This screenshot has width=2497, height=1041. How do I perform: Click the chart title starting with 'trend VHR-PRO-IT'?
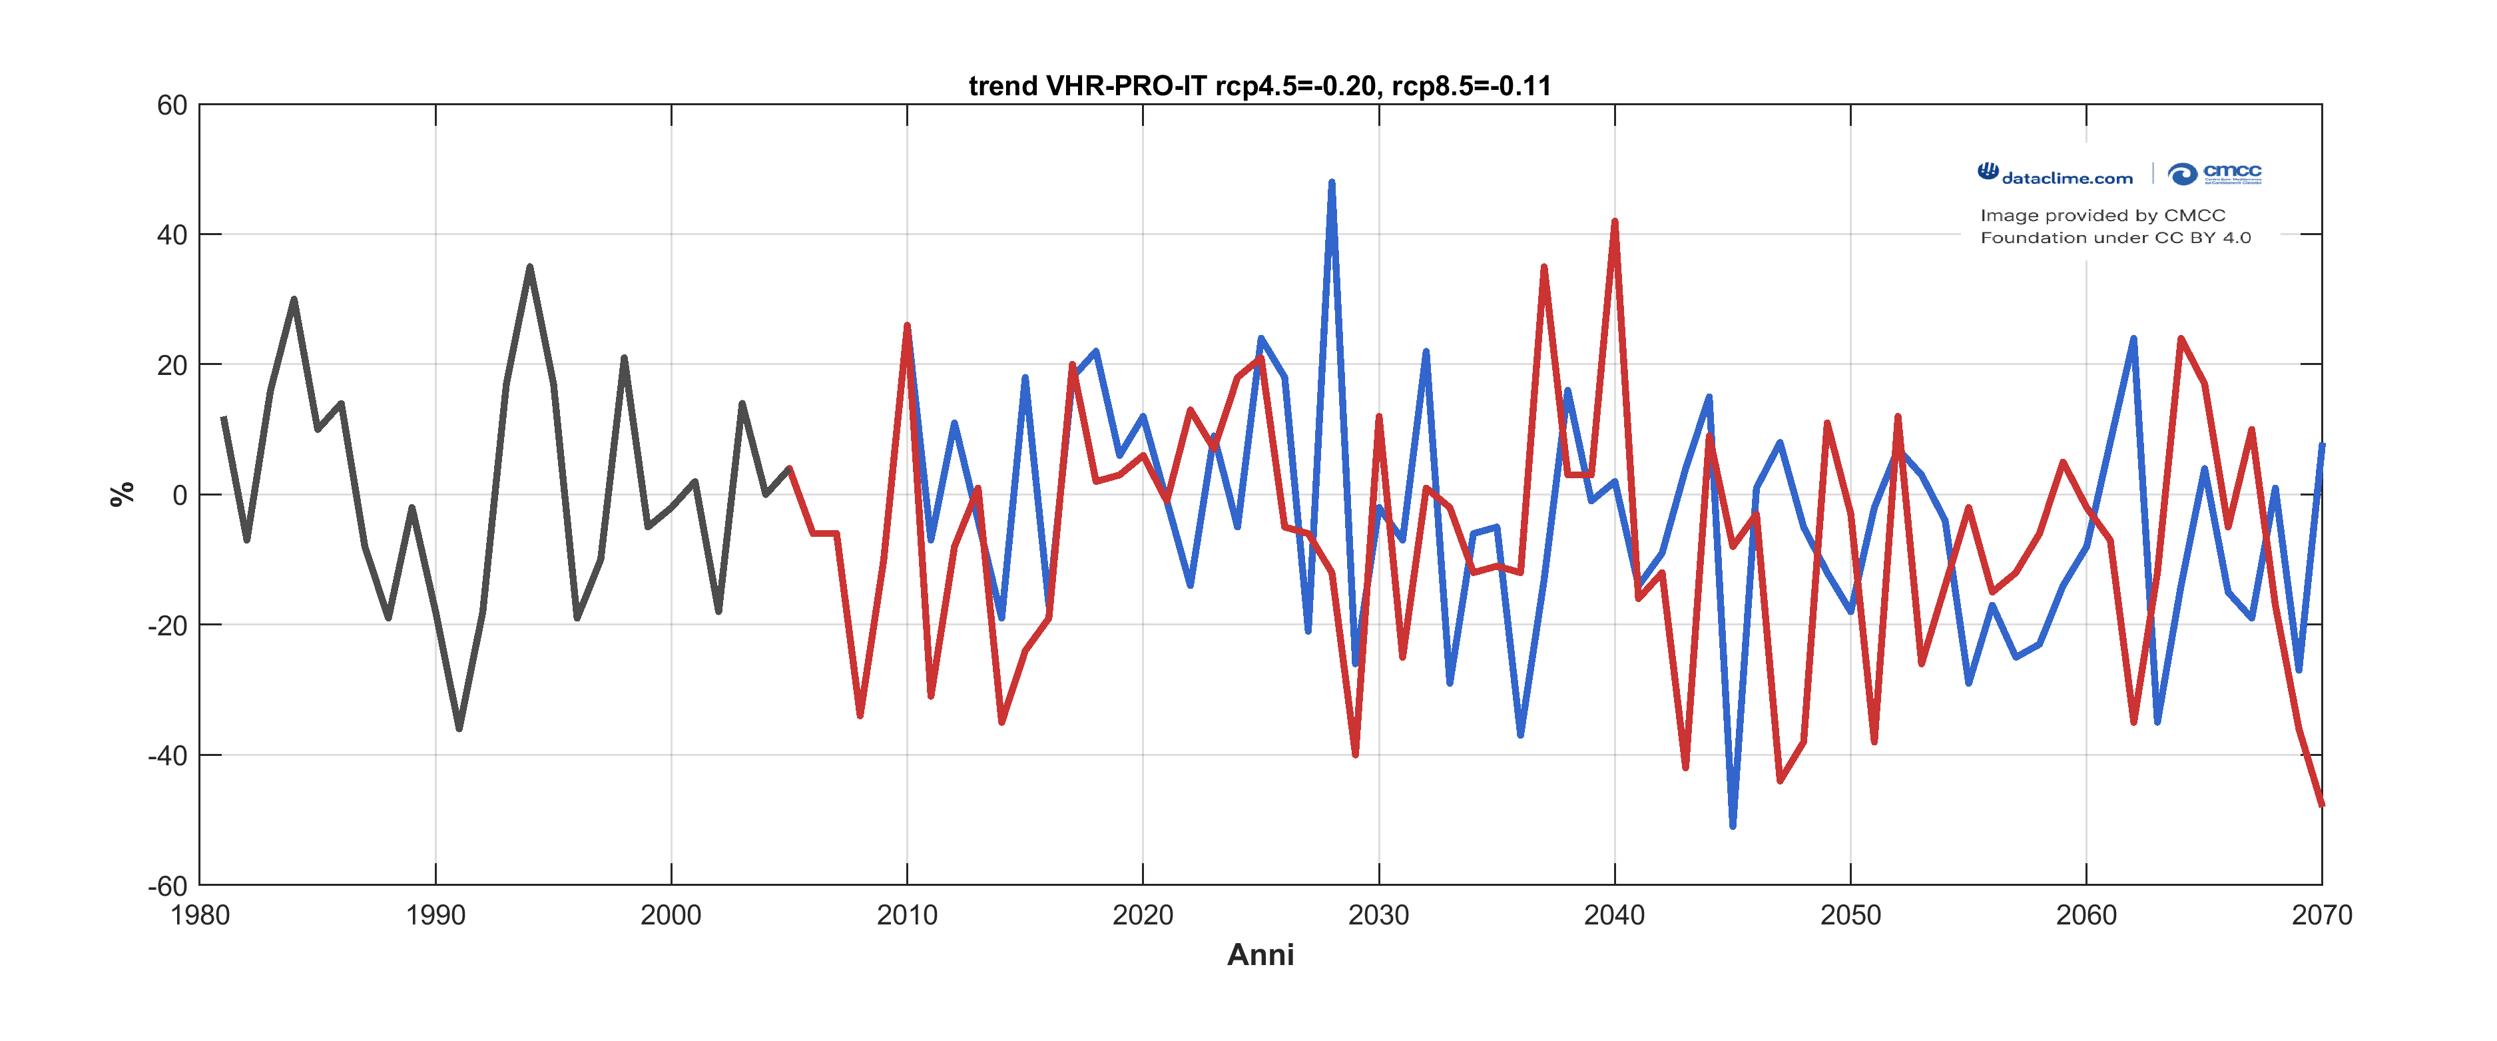[1259, 87]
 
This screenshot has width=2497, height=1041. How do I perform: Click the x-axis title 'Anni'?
[1259, 954]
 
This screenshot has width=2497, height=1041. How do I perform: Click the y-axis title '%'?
[121, 494]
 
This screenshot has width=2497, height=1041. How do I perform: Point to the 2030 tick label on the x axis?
[1378, 915]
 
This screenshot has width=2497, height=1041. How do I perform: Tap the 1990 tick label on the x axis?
[435, 915]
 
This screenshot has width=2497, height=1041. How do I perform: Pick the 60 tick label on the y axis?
[172, 106]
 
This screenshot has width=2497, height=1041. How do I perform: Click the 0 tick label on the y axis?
[179, 496]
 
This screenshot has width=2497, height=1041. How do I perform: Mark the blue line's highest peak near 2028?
[1331, 183]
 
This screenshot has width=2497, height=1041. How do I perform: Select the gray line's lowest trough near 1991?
[459, 728]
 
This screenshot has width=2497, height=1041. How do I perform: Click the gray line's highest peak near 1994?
[529, 268]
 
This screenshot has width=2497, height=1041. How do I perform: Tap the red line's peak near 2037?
[1543, 268]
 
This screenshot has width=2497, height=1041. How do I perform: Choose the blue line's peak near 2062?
[2133, 339]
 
